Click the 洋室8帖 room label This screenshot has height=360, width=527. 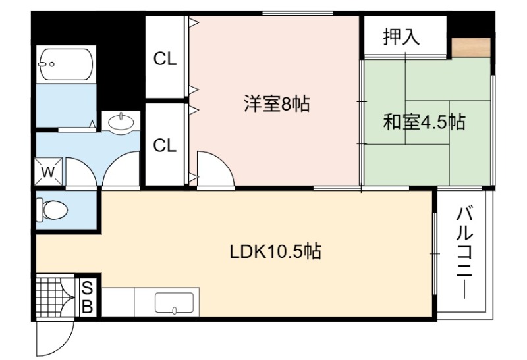pos(276,103)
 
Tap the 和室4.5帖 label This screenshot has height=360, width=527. pos(424,122)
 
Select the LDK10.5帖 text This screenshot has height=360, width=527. pos(275,251)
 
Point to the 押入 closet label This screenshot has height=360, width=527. pos(402,36)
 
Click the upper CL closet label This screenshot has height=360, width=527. pos(165,59)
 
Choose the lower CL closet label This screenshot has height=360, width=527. pos(165,145)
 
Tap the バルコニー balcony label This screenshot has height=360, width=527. pos(464,253)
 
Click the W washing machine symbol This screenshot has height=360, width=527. pos(48,172)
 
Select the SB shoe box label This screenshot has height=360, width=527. pos(87,297)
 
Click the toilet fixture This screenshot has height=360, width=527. pos(52,210)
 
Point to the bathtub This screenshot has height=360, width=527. pos(66,64)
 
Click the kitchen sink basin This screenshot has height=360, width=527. pos(174,303)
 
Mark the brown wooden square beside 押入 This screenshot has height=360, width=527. pos(471,47)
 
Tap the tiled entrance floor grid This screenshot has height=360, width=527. pos(49,296)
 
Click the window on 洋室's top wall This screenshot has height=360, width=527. pos(298,13)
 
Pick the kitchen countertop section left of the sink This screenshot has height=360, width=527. pos(118,302)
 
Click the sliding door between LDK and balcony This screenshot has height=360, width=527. pos(435,253)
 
